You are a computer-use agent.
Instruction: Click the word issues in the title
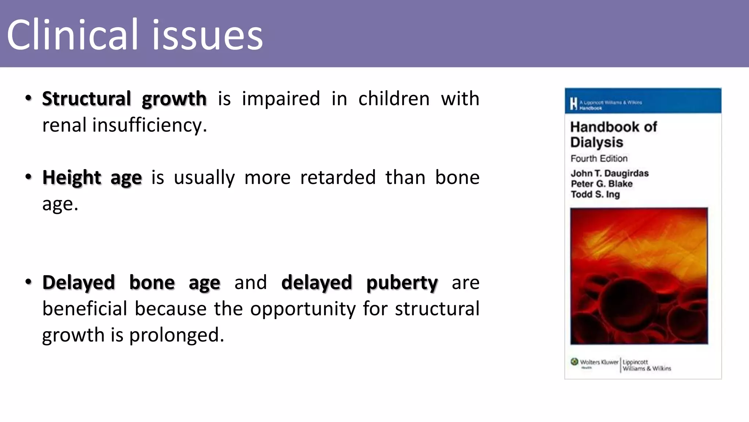(207, 36)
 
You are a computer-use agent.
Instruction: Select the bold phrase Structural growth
(124, 99)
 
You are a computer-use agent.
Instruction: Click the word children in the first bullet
(394, 99)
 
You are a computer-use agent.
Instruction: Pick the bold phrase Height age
(92, 178)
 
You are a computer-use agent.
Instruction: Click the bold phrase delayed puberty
(359, 283)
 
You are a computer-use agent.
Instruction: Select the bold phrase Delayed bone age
(131, 283)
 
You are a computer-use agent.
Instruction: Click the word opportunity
(302, 309)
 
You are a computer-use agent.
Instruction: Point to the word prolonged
(176, 335)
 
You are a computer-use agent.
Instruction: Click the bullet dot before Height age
(29, 177)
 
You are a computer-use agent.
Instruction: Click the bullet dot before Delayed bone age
(29, 282)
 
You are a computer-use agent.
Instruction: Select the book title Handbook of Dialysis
(613, 134)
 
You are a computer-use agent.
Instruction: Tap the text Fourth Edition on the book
(599, 159)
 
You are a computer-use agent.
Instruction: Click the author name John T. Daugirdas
(609, 173)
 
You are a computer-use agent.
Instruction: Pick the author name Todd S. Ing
(595, 195)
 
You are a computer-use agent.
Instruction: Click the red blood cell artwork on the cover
(639, 276)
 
